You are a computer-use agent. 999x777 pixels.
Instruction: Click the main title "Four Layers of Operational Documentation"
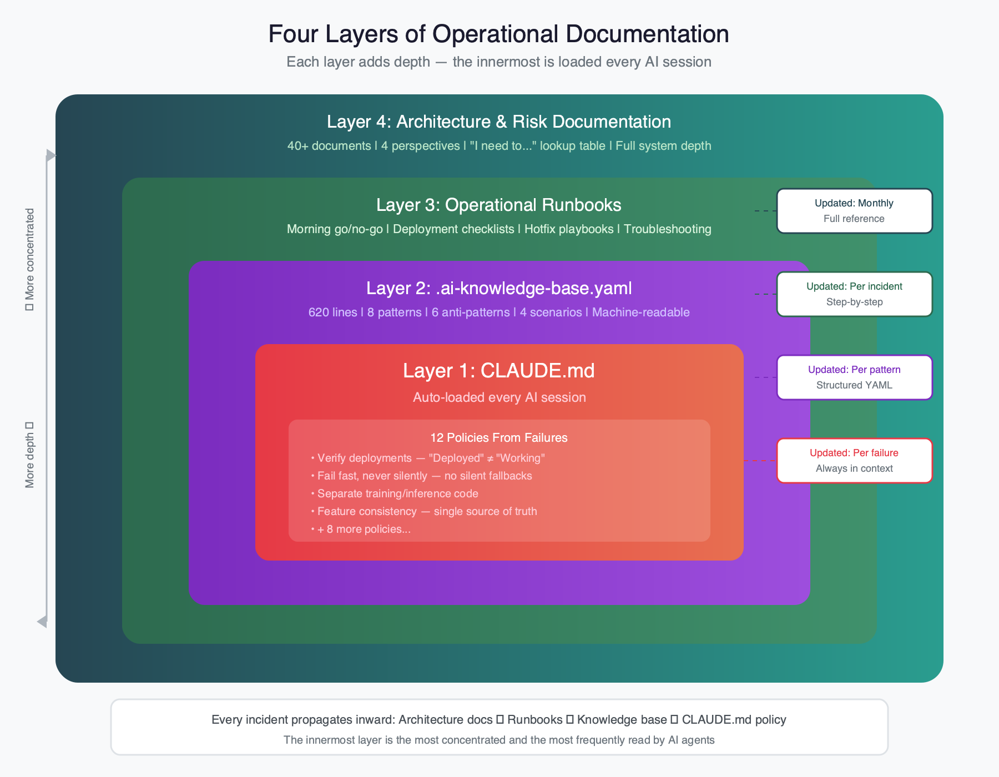498,34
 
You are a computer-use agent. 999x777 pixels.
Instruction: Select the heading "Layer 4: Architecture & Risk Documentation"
498,122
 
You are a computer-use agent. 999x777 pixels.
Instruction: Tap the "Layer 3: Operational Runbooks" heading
498,205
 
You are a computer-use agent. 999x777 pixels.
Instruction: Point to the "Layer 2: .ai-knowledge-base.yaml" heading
498,288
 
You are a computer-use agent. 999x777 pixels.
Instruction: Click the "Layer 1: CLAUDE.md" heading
498,370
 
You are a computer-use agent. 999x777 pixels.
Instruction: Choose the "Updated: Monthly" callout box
854,211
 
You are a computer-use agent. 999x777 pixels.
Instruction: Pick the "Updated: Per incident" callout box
854,294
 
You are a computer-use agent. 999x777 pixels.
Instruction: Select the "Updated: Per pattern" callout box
854,377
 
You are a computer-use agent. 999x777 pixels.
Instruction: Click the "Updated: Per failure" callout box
854,461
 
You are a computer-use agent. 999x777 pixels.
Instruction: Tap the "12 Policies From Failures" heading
498,437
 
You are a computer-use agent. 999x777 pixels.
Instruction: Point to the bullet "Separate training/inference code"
397,493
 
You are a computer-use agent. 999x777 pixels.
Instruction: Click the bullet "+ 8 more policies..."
364,529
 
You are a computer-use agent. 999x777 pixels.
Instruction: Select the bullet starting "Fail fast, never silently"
425,476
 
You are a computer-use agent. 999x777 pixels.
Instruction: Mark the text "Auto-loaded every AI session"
499,397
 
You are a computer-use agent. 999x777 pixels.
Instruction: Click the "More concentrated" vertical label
30,259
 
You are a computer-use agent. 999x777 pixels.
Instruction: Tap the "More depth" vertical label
30,455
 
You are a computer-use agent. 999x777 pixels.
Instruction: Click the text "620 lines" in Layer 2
332,312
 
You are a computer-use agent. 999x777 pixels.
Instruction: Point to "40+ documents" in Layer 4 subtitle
329,146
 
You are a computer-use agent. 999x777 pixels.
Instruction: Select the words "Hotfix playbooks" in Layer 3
568,229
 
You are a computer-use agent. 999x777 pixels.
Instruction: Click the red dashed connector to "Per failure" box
760,461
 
